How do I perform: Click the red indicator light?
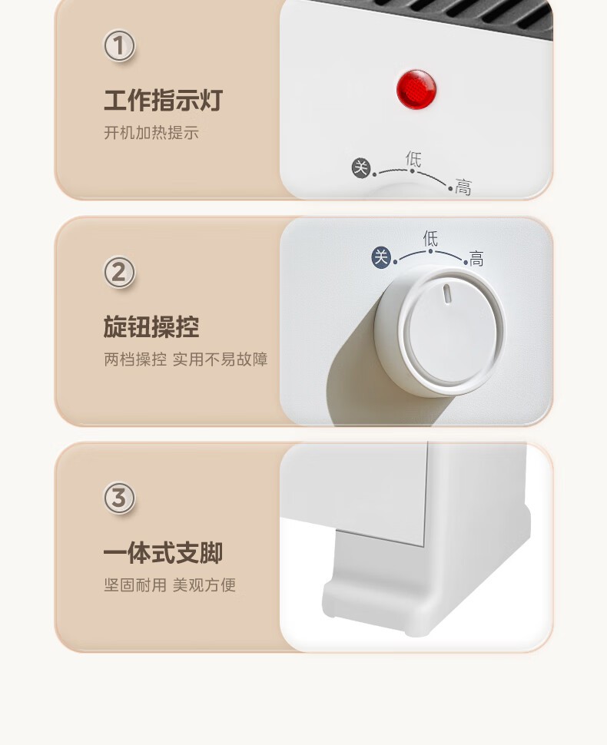[416, 89]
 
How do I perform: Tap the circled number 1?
[119, 46]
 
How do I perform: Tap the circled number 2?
[119, 272]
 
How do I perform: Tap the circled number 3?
[119, 498]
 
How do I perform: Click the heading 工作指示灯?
[163, 101]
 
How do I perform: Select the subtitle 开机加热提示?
[151, 133]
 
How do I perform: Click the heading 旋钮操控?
[151, 327]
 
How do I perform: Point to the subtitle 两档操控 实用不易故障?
[185, 359]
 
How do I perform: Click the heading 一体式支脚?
[163, 553]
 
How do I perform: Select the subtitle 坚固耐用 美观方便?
[170, 585]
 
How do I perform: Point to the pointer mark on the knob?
[447, 293]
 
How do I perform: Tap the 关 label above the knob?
[381, 257]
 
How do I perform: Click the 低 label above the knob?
[430, 239]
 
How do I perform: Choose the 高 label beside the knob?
[476, 259]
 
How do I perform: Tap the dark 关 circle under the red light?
[361, 168]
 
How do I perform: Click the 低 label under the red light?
[413, 159]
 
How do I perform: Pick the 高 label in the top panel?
[463, 187]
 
